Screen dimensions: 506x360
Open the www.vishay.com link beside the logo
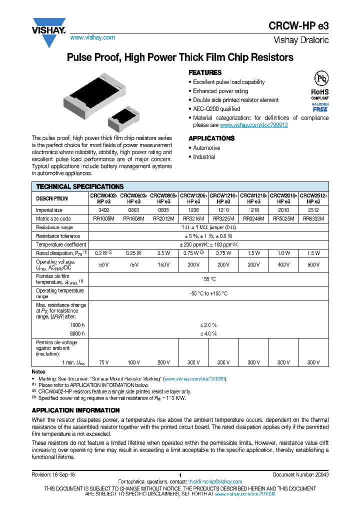click(92, 37)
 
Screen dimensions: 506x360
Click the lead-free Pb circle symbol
click(320, 77)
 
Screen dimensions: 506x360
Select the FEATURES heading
click(205, 72)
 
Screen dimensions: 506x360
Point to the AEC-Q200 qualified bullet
click(216, 109)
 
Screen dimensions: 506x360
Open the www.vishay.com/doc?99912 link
click(253, 125)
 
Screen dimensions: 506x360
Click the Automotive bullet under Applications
click(206, 148)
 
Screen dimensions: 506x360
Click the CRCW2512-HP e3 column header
click(313, 198)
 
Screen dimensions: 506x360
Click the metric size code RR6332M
click(313, 218)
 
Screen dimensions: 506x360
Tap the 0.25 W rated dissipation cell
click(133, 253)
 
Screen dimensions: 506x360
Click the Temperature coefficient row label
click(61, 244)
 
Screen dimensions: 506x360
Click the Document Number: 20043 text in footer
click(300, 474)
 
